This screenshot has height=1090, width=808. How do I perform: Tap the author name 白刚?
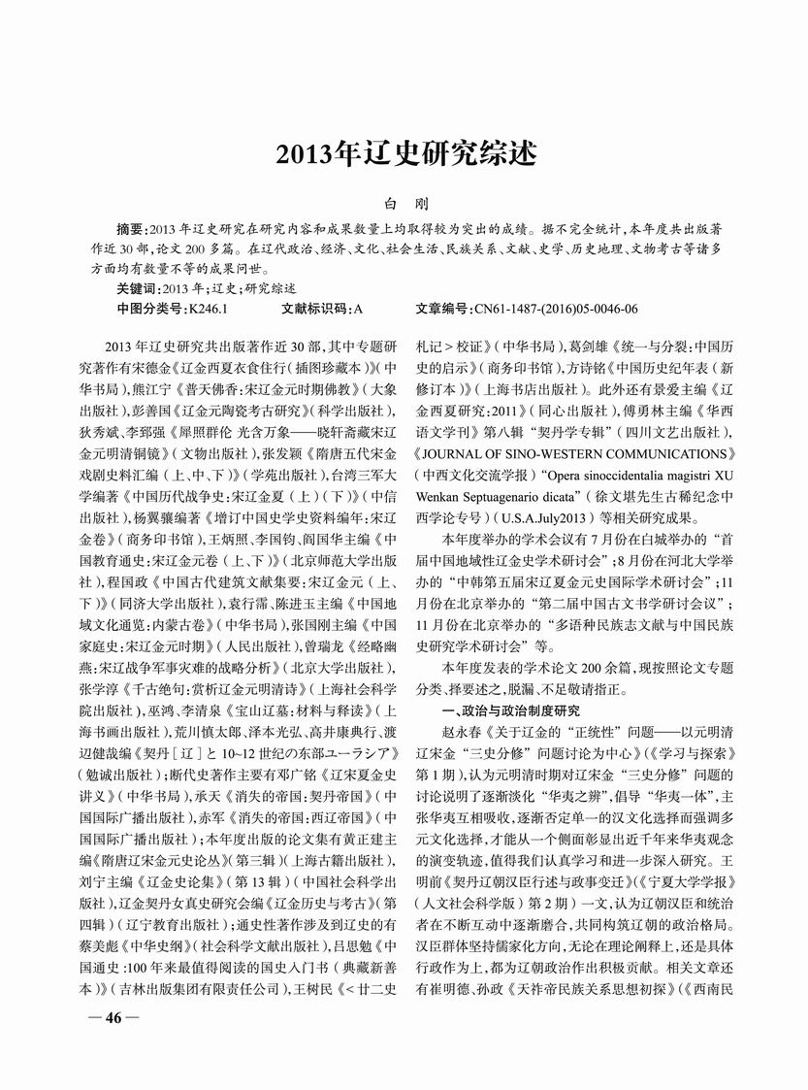click(x=404, y=207)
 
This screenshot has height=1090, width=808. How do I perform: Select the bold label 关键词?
click(x=139, y=288)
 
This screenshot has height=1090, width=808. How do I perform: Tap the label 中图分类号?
click(x=147, y=309)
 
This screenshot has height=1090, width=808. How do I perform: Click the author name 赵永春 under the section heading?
click(x=460, y=734)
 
